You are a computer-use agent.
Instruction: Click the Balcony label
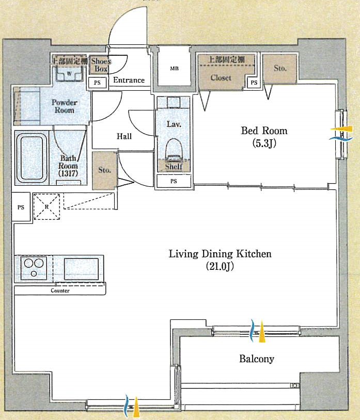click(x=257, y=359)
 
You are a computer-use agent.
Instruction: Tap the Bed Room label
click(x=264, y=131)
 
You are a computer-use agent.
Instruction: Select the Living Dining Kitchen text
click(x=220, y=254)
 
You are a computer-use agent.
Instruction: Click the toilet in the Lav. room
click(x=174, y=150)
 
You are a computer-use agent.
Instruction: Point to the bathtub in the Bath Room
click(x=32, y=158)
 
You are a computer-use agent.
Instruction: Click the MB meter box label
click(x=174, y=68)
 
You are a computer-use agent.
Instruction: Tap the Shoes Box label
click(x=101, y=65)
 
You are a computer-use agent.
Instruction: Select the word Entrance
click(x=129, y=80)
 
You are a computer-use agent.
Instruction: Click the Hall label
click(x=124, y=136)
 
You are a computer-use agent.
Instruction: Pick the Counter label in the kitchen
click(x=60, y=290)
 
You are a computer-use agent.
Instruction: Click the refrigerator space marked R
click(x=46, y=206)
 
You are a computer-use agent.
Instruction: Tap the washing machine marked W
click(x=69, y=73)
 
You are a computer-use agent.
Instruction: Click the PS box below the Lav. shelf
click(x=174, y=181)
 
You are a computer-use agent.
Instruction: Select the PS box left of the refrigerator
click(x=21, y=207)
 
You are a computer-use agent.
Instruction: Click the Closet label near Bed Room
click(x=221, y=78)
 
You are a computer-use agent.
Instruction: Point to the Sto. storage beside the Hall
click(x=104, y=171)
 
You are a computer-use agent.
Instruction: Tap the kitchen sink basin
click(x=81, y=269)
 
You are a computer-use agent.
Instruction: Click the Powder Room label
click(x=65, y=106)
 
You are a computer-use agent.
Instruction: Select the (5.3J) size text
click(x=264, y=143)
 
